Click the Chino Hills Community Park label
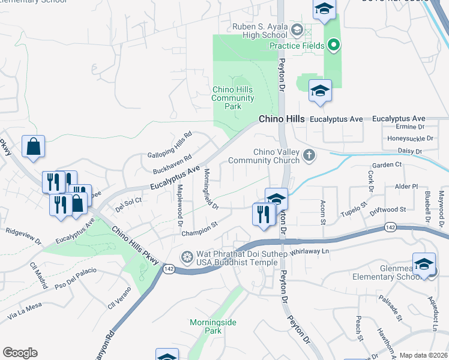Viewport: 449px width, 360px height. tap(233, 98)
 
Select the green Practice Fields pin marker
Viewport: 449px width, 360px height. tap(333, 45)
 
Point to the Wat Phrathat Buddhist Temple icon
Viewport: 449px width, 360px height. tap(188, 257)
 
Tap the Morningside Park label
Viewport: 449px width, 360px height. tap(213, 326)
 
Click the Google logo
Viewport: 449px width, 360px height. tap(20, 353)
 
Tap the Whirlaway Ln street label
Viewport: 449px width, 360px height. tap(310, 252)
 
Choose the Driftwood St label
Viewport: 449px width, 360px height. tap(387, 210)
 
